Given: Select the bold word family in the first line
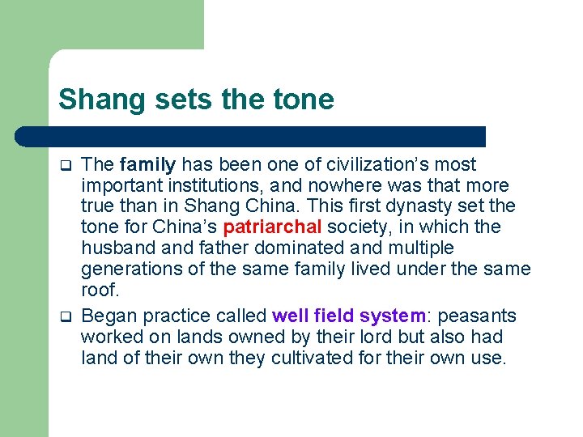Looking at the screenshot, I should (147, 165).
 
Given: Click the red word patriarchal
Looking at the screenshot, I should (270, 227).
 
